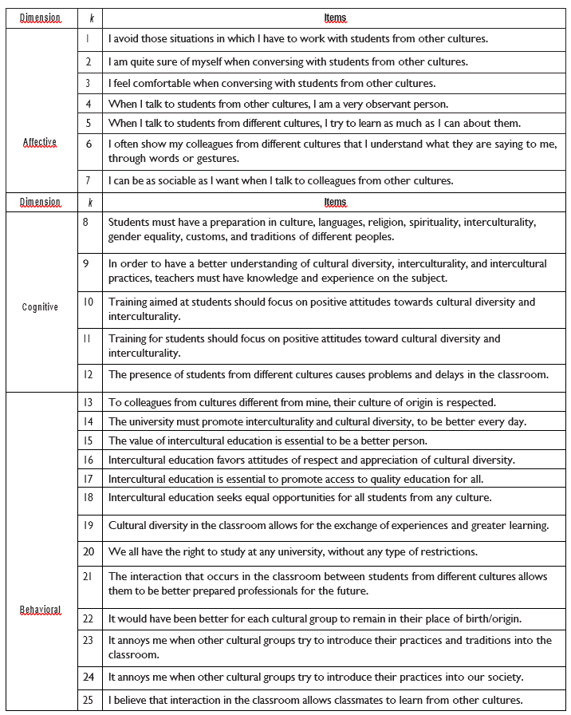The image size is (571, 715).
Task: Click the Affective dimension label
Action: click(x=40, y=142)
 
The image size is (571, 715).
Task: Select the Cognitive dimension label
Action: click(x=40, y=306)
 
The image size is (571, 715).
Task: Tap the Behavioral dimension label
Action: click(x=40, y=610)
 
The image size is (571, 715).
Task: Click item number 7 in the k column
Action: click(x=89, y=180)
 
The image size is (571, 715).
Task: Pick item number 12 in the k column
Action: click(x=89, y=373)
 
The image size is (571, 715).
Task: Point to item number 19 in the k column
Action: click(x=89, y=525)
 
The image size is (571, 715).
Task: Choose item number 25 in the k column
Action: click(x=89, y=700)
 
